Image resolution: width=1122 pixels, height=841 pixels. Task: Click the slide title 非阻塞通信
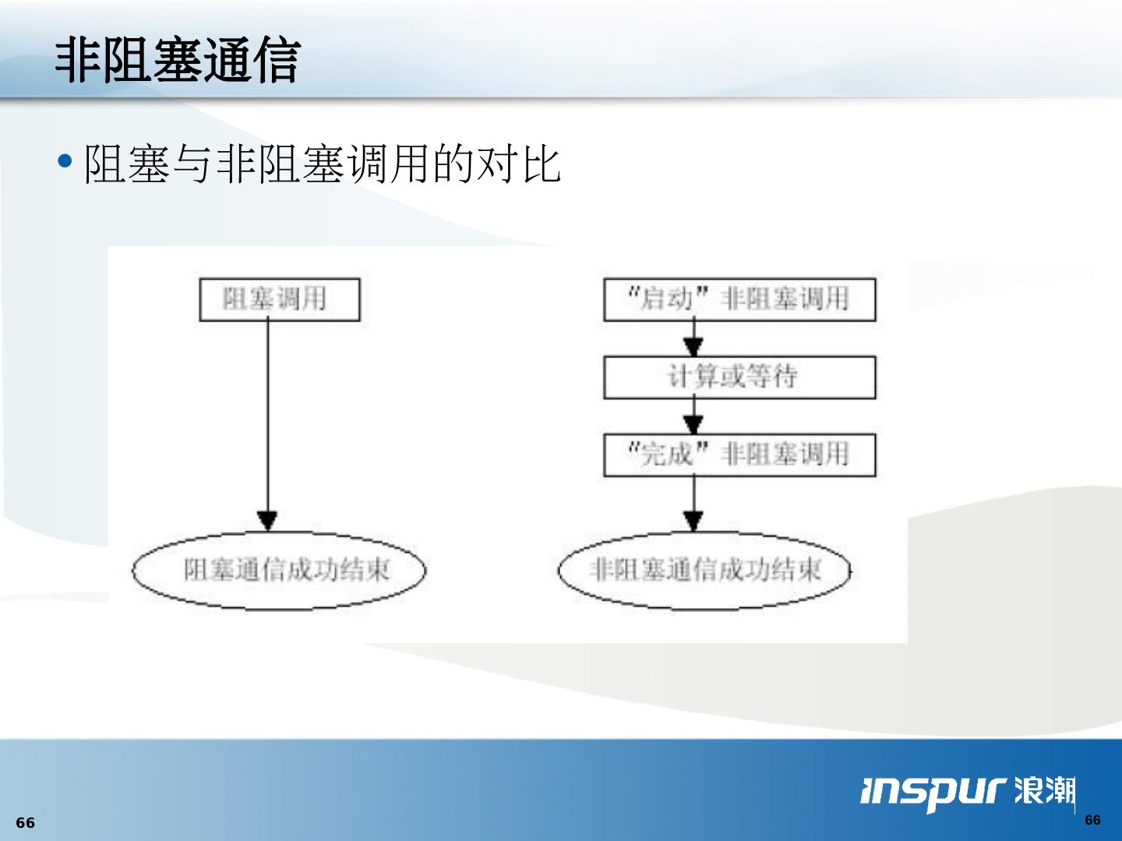click(178, 61)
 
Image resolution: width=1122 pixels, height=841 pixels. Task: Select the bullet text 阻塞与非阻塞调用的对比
click(321, 164)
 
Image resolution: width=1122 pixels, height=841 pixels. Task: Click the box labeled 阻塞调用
click(280, 300)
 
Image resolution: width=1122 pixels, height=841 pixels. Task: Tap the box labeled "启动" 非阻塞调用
click(739, 300)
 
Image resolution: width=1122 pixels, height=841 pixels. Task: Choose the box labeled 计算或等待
click(739, 378)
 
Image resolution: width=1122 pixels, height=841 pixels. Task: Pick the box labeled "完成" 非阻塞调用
click(739, 455)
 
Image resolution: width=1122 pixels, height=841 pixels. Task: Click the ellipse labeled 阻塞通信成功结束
click(280, 571)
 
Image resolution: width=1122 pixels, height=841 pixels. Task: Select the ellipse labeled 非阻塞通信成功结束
click(705, 571)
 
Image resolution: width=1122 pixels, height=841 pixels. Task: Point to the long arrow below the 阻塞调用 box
click(268, 420)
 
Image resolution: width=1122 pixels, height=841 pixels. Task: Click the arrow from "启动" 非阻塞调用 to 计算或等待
click(693, 340)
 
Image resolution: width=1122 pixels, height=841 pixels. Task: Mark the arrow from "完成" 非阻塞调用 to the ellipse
click(693, 505)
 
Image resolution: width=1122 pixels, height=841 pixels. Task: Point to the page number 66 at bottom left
click(26, 823)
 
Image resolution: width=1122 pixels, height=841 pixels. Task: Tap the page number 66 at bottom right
click(1092, 820)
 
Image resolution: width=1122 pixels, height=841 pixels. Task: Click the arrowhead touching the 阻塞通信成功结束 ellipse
click(268, 521)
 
